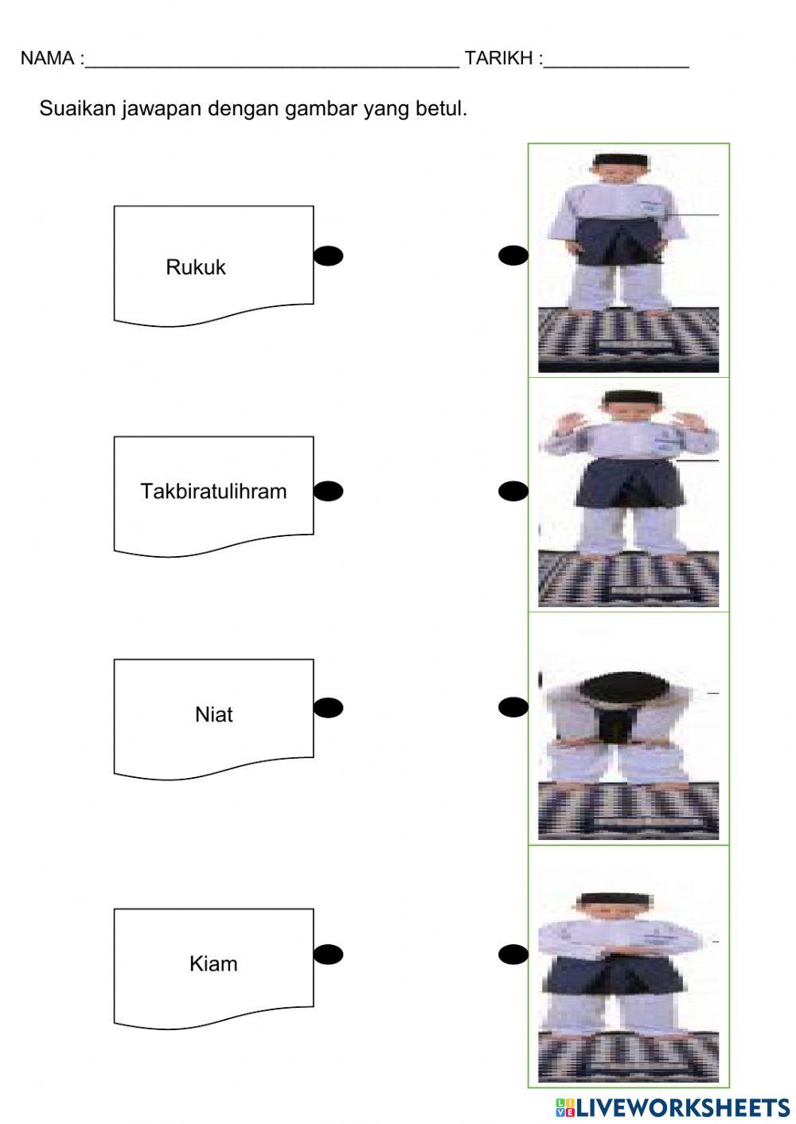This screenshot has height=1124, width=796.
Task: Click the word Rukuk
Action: tap(196, 267)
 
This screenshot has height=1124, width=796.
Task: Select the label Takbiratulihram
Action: tap(213, 491)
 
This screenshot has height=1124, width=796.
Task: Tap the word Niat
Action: tap(213, 714)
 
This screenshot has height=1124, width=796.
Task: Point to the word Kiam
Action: tap(213, 964)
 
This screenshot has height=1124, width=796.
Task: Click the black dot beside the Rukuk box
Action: tap(328, 255)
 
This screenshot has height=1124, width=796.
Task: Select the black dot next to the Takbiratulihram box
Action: tap(328, 492)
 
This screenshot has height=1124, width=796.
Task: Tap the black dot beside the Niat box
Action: tap(328, 707)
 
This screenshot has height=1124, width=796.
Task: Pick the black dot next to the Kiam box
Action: tap(328, 954)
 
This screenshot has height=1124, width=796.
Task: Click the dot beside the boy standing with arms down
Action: tap(513, 255)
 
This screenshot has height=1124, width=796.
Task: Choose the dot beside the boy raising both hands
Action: tap(513, 492)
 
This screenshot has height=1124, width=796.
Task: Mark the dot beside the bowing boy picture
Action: tap(513, 707)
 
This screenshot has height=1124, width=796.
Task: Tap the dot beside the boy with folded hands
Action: tap(513, 954)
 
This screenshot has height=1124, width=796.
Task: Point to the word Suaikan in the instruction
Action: tap(78, 108)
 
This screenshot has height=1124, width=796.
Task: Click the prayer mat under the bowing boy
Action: tap(628, 811)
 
